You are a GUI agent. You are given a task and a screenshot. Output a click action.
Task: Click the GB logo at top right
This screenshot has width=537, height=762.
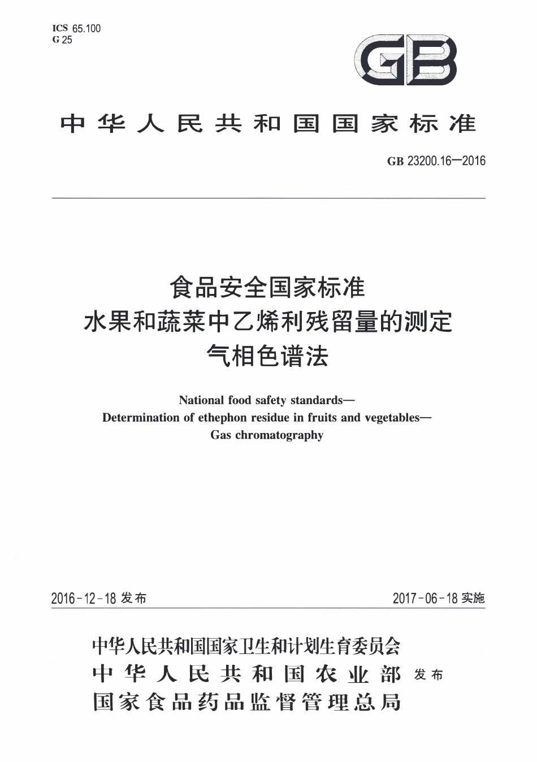[x=405, y=60]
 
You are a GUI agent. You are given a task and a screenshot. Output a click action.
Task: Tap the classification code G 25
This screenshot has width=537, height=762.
[x=62, y=40]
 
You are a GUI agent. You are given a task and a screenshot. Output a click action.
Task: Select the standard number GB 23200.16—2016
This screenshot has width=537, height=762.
[x=436, y=161]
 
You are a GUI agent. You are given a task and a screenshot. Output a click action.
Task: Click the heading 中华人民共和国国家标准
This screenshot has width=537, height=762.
[x=268, y=123]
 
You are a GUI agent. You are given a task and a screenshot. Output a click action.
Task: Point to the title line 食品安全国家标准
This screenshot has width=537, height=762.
[x=268, y=287]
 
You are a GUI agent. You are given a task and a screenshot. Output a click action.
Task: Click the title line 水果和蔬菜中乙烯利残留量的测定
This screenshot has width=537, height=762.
[x=268, y=322]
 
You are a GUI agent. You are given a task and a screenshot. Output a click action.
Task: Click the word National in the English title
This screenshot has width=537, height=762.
[x=201, y=400]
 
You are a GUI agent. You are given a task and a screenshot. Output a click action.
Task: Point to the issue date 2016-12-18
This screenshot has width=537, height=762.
[x=83, y=598]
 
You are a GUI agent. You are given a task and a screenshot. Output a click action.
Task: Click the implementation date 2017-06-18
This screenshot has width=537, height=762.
[x=425, y=598]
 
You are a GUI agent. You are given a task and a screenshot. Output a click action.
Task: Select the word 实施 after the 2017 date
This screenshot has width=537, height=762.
[x=473, y=598]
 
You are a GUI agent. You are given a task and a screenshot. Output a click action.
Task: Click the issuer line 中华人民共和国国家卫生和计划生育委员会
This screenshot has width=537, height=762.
[x=246, y=645]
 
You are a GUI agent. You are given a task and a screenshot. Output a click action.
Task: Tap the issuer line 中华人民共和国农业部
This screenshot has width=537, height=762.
[x=246, y=674]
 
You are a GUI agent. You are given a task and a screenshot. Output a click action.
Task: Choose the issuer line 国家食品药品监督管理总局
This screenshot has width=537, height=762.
[x=246, y=702]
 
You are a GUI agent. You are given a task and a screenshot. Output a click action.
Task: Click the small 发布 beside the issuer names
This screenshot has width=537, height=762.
[x=428, y=674]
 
